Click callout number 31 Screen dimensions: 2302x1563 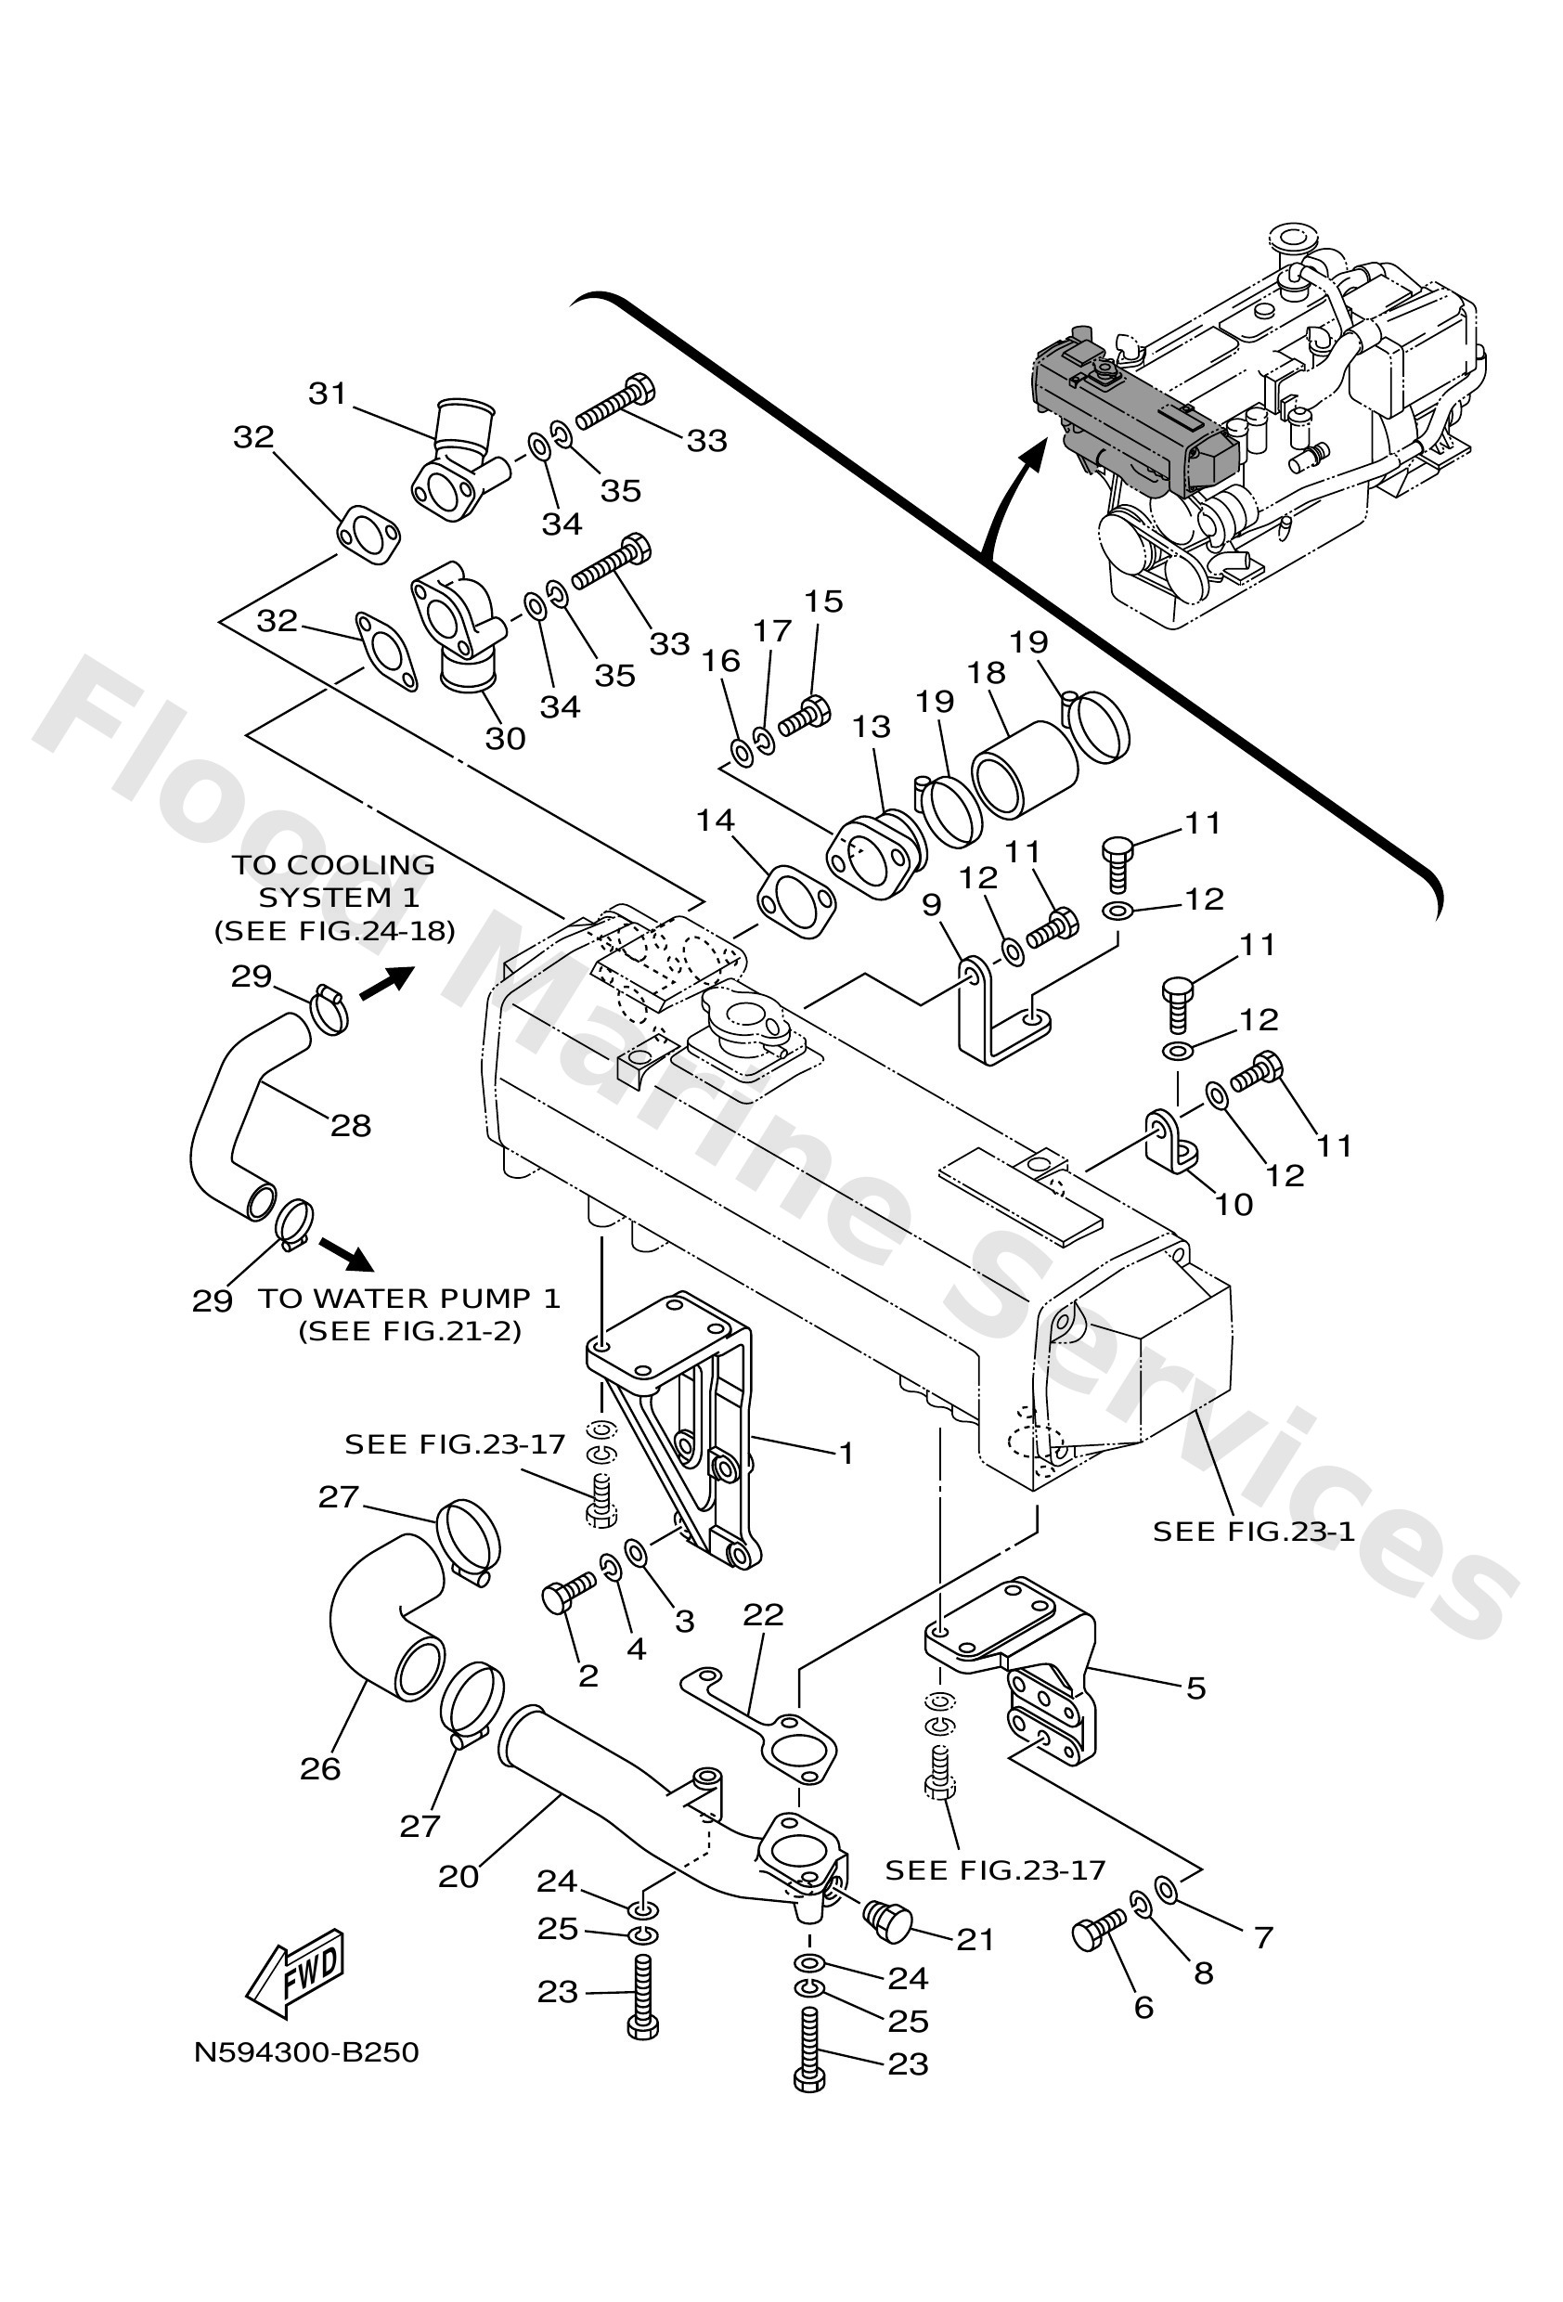coord(327,394)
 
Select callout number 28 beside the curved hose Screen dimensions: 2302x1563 coord(351,1125)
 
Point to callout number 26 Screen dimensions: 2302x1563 coord(320,1768)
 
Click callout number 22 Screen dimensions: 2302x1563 coord(763,1614)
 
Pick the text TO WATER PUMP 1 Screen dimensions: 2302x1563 coord(409,1298)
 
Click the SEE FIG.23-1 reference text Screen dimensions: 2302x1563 coord(1253,1531)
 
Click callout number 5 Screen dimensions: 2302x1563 coord(1195,1687)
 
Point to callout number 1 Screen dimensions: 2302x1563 coord(846,1453)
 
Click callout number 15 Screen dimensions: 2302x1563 coord(823,601)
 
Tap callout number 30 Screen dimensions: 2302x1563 coord(504,738)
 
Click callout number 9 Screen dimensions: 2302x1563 coord(930,904)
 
